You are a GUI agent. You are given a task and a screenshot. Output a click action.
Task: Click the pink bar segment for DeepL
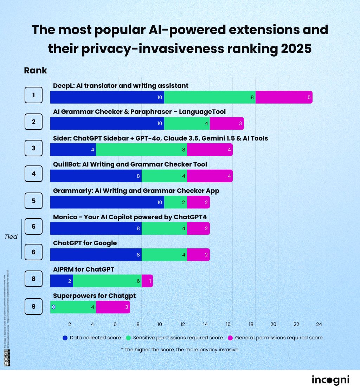[x=284, y=97]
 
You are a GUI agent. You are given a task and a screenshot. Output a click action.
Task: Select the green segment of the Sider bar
[x=141, y=150]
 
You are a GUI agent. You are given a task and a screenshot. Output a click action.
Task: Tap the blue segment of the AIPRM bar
[x=62, y=281]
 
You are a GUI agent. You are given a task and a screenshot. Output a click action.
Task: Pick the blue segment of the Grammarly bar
[x=107, y=202]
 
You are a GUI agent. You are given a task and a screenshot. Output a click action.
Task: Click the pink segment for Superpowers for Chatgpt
[x=113, y=307]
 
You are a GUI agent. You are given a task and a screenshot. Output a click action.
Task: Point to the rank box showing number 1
[x=33, y=95]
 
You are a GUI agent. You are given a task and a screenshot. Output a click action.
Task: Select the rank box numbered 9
[x=33, y=306]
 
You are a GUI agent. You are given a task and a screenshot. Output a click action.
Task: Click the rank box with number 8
[x=33, y=279]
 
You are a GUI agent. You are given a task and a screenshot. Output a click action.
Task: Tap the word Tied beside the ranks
[x=11, y=237]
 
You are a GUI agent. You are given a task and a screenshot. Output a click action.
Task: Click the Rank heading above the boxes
[x=36, y=70]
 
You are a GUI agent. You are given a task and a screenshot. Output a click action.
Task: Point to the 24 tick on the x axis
[x=319, y=324]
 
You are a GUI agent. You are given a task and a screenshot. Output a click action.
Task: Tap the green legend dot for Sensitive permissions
[x=129, y=338]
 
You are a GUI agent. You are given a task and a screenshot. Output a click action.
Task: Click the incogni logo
[x=330, y=380]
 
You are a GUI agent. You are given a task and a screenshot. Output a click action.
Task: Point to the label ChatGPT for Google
[x=85, y=243]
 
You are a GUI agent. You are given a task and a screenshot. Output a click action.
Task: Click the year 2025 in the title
[x=296, y=48]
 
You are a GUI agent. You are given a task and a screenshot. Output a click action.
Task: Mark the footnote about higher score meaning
[x=179, y=350]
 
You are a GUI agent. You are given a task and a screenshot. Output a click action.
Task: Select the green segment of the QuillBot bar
[x=164, y=176]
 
